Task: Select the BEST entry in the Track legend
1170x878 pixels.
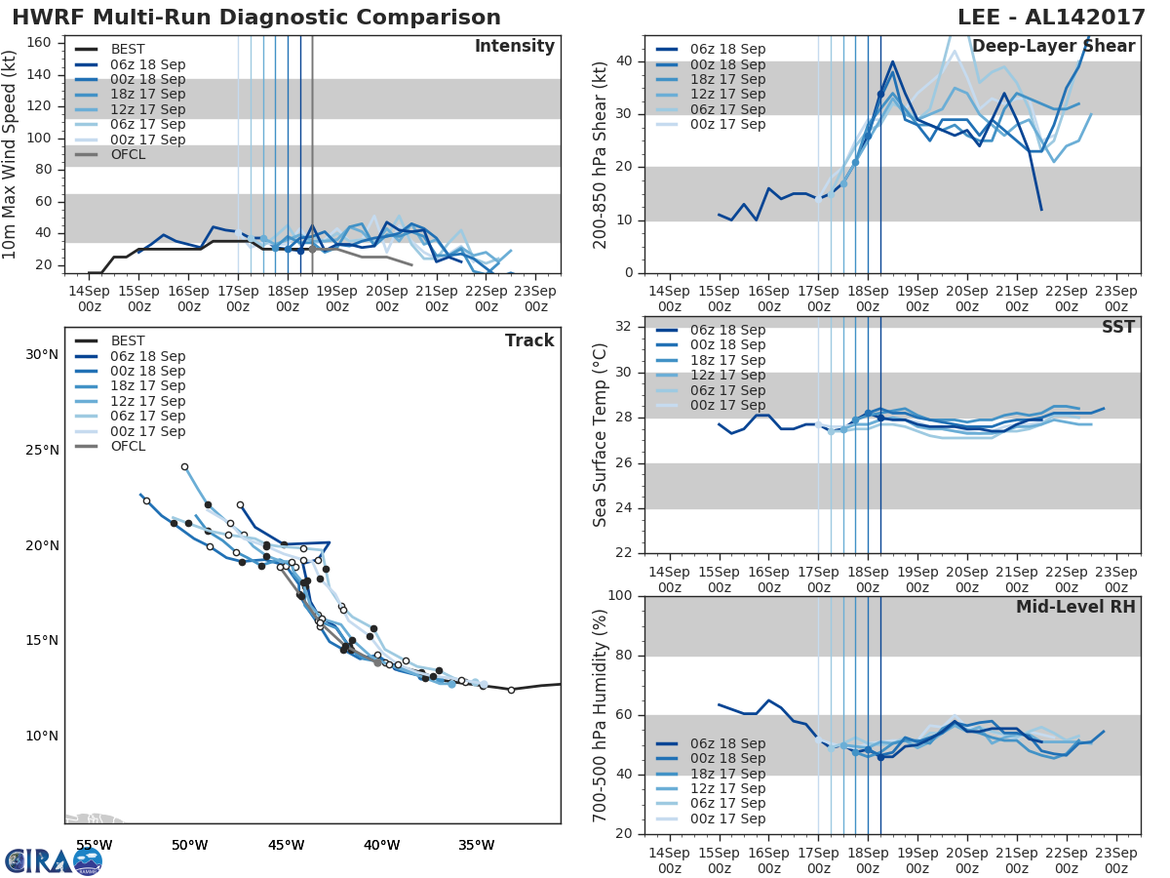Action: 128,341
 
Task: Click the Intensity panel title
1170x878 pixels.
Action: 514,47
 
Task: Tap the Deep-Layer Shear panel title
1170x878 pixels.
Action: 1053,47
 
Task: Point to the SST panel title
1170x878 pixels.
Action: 1118,328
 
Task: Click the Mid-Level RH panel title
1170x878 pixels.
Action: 1074,608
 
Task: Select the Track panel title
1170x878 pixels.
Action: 528,341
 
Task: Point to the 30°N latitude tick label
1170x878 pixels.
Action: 41,354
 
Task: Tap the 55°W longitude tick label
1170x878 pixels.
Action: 94,845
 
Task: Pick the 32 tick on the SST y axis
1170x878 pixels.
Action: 621,327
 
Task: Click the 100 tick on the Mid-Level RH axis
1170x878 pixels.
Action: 617,596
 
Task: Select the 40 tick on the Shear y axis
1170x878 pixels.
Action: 621,61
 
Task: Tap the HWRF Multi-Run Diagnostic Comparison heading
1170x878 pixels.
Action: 256,18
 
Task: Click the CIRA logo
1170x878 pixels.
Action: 54,860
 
